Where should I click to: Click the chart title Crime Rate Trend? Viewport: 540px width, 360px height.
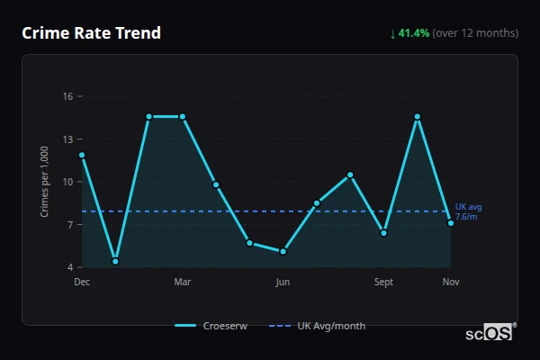92,33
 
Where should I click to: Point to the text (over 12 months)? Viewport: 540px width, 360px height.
475,33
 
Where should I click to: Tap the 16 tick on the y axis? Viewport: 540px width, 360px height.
67,96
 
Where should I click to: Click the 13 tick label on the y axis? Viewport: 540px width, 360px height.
67,139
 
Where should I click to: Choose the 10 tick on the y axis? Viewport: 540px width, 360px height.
67,182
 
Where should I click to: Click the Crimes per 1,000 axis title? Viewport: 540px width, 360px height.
44,182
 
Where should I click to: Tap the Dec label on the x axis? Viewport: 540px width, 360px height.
82,282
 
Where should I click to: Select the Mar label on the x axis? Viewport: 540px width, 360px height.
183,282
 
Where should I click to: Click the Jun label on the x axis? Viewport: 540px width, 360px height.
283,282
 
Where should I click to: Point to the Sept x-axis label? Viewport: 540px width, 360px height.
383,282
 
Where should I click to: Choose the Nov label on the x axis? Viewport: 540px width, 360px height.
451,282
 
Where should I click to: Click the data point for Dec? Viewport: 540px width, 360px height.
82,155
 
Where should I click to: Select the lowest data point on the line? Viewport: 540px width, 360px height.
115,261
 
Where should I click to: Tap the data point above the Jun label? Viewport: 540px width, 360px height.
283,251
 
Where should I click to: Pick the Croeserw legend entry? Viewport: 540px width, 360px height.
214,326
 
